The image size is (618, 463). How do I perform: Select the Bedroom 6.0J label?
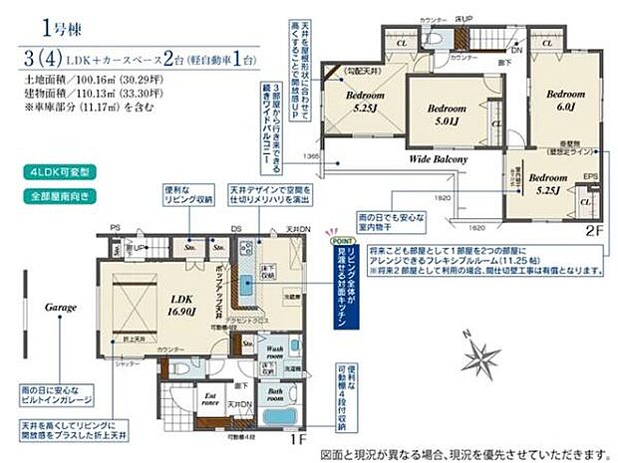click(564, 101)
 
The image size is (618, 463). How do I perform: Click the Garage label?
click(60, 308)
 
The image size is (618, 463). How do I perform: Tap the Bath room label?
click(275, 396)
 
